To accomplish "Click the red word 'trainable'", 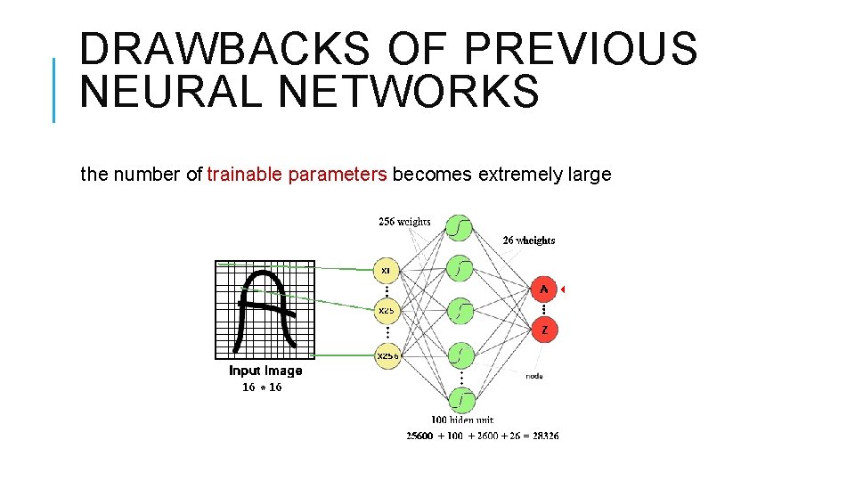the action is pyautogui.click(x=244, y=175).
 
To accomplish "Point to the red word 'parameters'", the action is pyautogui.click(x=338, y=175).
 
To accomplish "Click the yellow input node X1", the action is pyautogui.click(x=386, y=268).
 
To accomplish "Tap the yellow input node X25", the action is pyautogui.click(x=386, y=311).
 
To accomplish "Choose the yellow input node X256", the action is pyautogui.click(x=387, y=355).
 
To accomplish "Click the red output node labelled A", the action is pyautogui.click(x=544, y=289).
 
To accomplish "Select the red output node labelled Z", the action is pyautogui.click(x=544, y=330).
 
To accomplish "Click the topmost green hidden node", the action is pyautogui.click(x=459, y=229).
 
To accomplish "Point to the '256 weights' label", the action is pyautogui.click(x=404, y=222).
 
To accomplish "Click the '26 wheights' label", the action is pyautogui.click(x=528, y=240).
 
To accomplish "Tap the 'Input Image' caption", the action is pyautogui.click(x=265, y=371).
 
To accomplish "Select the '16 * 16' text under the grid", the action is pyautogui.click(x=262, y=387).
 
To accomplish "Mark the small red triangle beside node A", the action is pyautogui.click(x=564, y=289).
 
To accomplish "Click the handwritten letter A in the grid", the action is pyautogui.click(x=265, y=308).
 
